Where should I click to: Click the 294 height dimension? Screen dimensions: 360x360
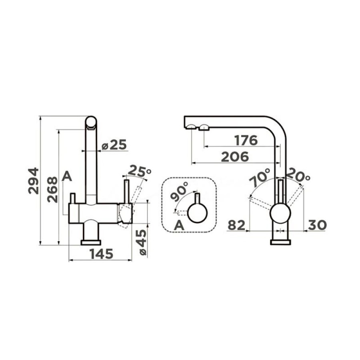pyautogui.click(x=33, y=181)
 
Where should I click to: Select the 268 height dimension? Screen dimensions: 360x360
pyautogui.click(x=52, y=190)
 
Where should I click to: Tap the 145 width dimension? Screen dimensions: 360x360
pyautogui.click(x=102, y=254)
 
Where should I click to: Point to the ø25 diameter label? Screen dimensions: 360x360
pyautogui.click(x=114, y=145)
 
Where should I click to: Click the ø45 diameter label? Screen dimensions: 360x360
pyautogui.click(x=143, y=242)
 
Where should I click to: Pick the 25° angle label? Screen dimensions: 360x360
pyautogui.click(x=139, y=172)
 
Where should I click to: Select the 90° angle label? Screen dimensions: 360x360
pyautogui.click(x=180, y=192)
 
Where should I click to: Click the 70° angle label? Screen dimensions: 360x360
pyautogui.click(x=260, y=178)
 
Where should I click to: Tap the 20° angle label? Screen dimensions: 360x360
pyautogui.click(x=298, y=174)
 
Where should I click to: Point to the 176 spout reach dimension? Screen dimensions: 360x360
pyautogui.click(x=246, y=140)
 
